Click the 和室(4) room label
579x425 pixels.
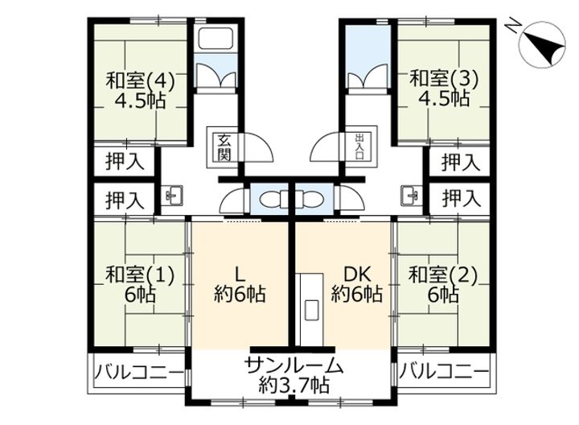[140, 90]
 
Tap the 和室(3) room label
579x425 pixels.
[444, 89]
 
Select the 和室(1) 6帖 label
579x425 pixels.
[140, 285]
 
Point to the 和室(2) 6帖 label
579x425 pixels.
[444, 285]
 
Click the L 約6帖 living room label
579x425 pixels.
[240, 285]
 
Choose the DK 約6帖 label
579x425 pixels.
[357, 285]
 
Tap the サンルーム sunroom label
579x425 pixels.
[294, 366]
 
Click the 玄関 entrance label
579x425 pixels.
[224, 148]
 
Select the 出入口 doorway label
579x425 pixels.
[359, 146]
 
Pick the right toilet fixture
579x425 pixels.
[310, 199]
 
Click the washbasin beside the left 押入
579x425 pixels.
[172, 195]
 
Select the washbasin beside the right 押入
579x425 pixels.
[412, 195]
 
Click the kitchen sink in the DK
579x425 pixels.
[312, 309]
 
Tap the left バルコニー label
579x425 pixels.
[139, 371]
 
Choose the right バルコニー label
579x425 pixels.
[444, 371]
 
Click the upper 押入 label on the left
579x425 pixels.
[125, 162]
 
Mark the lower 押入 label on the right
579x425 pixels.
[462, 199]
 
